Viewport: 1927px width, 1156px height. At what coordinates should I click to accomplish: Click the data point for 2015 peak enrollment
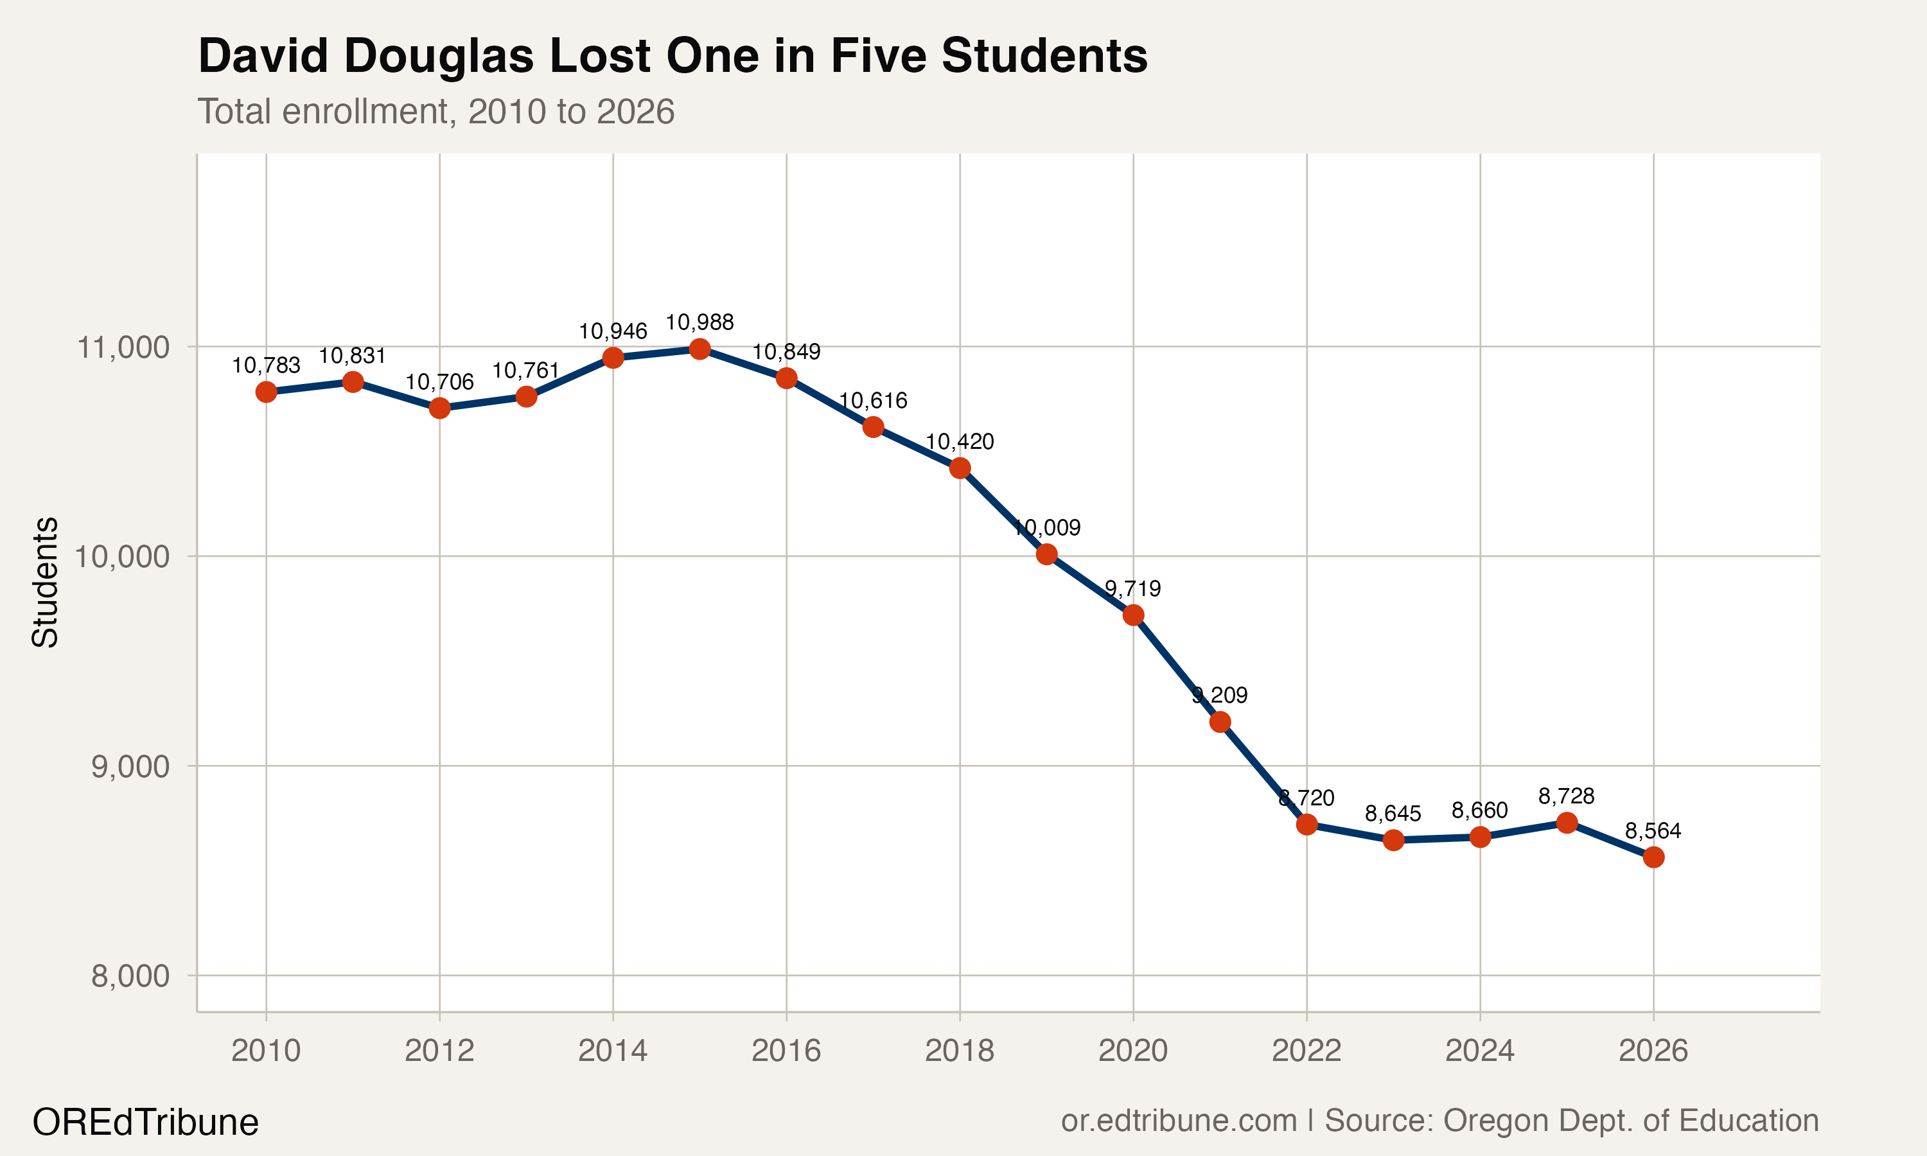700,349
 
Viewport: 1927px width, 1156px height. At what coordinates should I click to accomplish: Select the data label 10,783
266,365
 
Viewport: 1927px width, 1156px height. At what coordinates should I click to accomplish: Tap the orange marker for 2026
1653,857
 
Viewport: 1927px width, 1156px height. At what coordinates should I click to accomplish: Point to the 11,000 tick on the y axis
122,347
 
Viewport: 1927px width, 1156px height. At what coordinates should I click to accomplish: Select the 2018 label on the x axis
959,1051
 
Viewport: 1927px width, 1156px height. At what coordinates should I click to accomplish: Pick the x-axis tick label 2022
1307,1051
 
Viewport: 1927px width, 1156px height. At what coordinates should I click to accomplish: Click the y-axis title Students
45,582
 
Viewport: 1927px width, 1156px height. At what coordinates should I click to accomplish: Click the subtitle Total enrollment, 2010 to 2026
436,111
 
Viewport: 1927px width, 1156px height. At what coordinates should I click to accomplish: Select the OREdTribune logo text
145,1123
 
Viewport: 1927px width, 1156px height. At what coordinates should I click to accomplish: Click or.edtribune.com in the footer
1179,1121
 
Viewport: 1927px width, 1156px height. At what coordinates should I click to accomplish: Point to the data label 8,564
1653,831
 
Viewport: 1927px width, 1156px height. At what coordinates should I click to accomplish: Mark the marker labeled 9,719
1133,615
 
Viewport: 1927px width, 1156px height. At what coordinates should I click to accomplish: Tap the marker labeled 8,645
1393,841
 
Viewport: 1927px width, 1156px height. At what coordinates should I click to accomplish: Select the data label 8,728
1567,797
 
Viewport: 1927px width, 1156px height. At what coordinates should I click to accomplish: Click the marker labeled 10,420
960,468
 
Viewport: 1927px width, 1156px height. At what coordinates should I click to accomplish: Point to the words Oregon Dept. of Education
1631,1121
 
